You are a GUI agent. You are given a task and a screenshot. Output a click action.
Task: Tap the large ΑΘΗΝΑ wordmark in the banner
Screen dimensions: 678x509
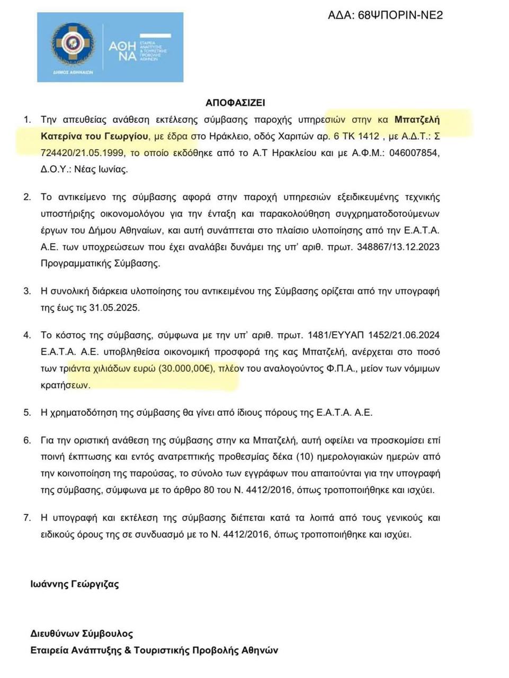tap(122, 51)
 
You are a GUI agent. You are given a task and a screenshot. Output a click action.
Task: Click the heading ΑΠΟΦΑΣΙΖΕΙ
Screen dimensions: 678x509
tap(235, 103)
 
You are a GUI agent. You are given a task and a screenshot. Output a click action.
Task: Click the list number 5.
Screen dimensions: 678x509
tap(27, 412)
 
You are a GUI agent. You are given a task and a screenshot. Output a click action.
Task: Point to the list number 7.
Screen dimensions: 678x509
tap(27, 518)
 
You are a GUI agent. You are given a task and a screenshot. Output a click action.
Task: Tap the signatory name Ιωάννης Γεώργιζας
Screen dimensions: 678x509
tap(75, 584)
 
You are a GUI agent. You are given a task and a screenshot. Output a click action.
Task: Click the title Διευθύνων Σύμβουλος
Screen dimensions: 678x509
tap(82, 634)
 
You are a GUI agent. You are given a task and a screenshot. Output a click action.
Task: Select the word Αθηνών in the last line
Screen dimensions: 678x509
tap(260, 650)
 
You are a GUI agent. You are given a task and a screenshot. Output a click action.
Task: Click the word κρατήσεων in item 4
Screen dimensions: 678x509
tap(65, 385)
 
